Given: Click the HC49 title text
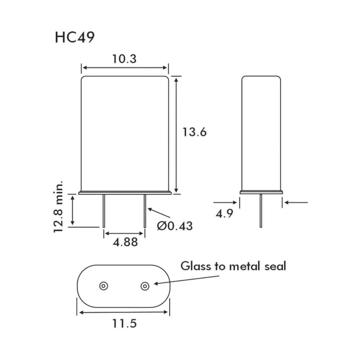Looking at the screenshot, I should tap(75, 37).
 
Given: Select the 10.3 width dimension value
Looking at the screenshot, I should tap(124, 58).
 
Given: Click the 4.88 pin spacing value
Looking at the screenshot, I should tap(125, 242).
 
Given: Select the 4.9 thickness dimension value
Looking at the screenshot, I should tap(224, 213).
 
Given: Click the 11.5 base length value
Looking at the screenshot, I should tap(124, 323).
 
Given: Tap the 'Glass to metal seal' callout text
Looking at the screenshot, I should tap(233, 266).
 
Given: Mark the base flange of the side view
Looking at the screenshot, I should tap(261, 192).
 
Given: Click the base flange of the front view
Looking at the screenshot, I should tap(125, 193).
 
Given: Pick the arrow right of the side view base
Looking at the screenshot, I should tap(296, 202).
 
